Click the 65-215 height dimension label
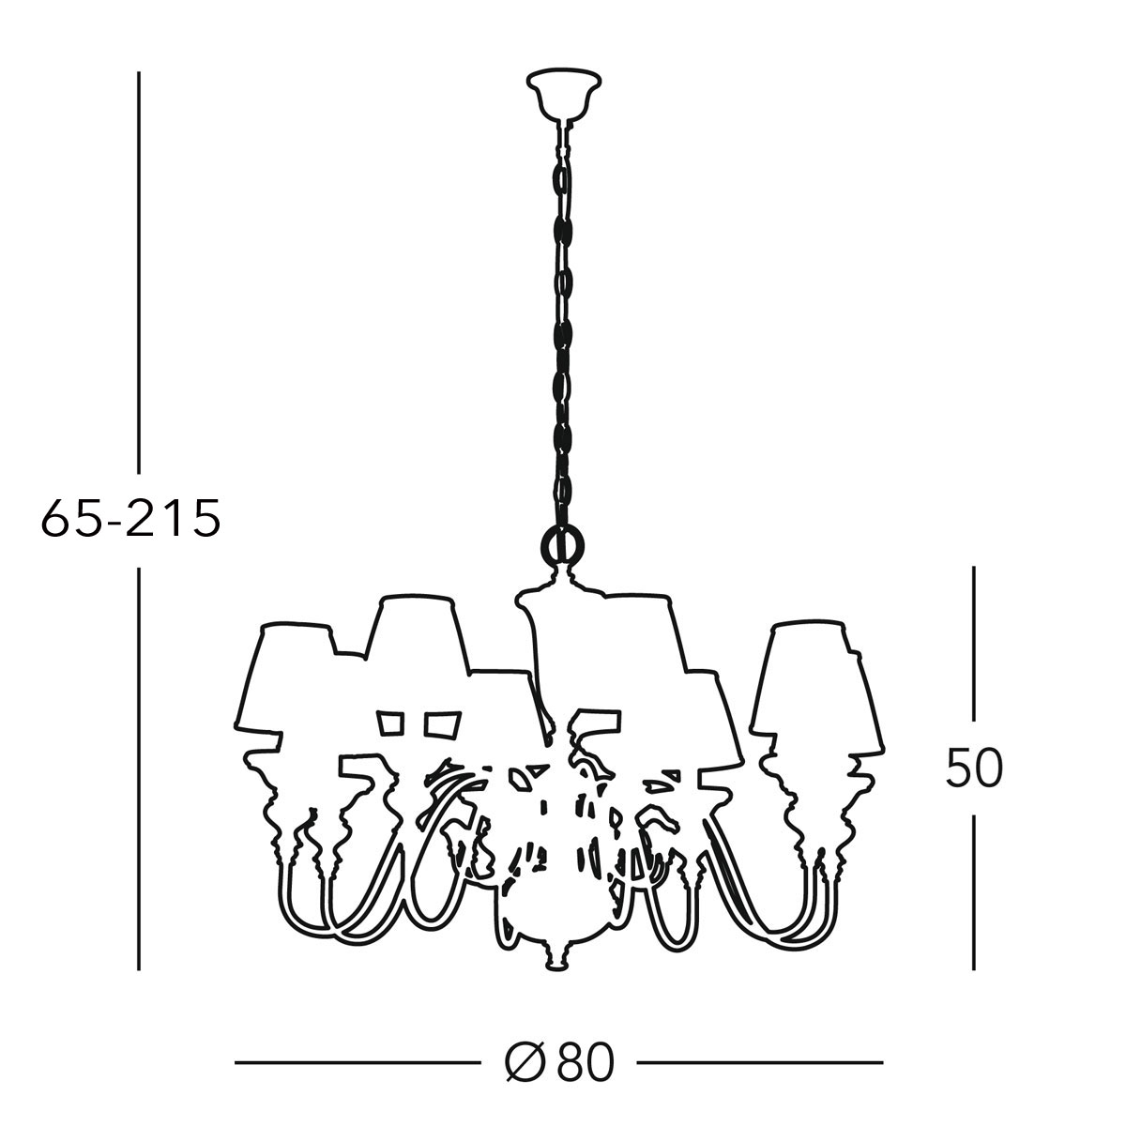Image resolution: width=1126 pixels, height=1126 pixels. point(130,518)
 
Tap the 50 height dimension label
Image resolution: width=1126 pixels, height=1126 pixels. point(973,768)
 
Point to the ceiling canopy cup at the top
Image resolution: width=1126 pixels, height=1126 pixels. point(564,94)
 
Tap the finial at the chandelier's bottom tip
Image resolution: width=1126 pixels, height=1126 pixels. point(556,958)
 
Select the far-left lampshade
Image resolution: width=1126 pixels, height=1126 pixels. point(283,677)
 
